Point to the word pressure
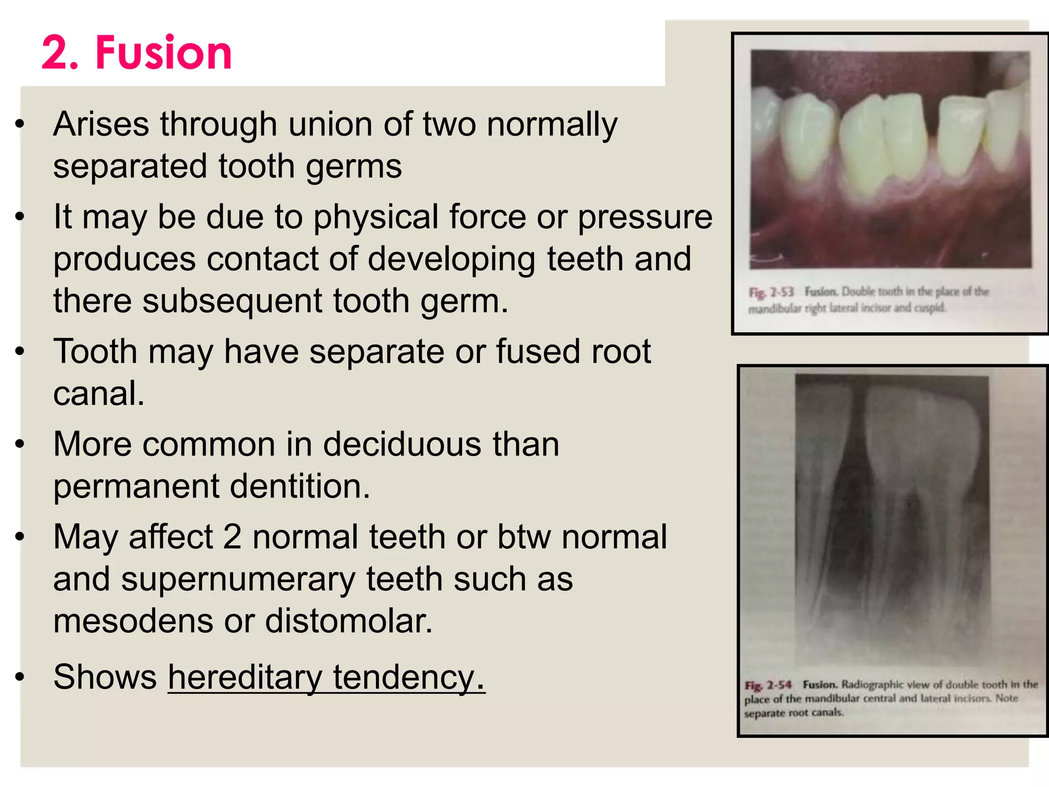[645, 217]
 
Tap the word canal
[99, 393]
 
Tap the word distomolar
[349, 621]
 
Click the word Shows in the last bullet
[105, 677]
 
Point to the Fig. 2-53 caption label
[771, 292]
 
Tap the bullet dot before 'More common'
[20, 444]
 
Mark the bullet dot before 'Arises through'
[20, 124]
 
